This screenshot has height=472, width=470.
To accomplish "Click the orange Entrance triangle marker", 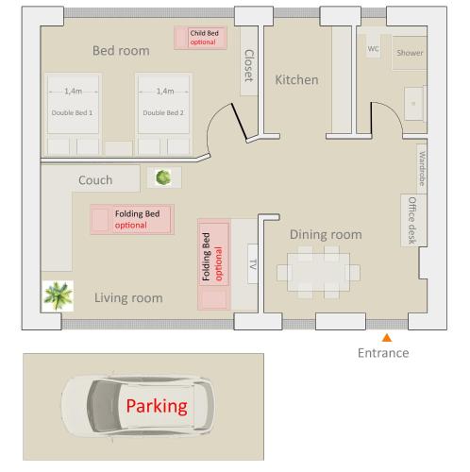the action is pyautogui.click(x=387, y=338).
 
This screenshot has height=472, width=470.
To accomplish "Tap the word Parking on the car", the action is pyautogui.click(x=157, y=406).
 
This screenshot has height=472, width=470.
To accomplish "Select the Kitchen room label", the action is pyautogui.click(x=296, y=80).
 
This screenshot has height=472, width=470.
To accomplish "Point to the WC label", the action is pyautogui.click(x=373, y=49).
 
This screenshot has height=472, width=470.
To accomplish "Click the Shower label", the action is pyautogui.click(x=410, y=53).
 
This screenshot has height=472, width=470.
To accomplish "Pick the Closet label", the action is pyautogui.click(x=249, y=66).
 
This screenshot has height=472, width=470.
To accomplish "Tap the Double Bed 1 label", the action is pyautogui.click(x=72, y=112).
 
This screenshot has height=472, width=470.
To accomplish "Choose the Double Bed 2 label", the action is pyautogui.click(x=163, y=112).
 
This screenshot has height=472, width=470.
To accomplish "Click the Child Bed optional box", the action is pyautogui.click(x=200, y=38).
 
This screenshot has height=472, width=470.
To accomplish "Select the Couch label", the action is pyautogui.click(x=95, y=180).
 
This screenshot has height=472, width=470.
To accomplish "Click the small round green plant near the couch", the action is pyautogui.click(x=163, y=177).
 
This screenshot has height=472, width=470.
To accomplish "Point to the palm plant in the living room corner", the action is pyautogui.click(x=59, y=295).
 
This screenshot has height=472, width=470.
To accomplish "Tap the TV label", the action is pyautogui.click(x=253, y=264).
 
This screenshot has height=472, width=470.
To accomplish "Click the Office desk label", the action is pyautogui.click(x=412, y=220).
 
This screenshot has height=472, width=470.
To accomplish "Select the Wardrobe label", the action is pyautogui.click(x=422, y=168).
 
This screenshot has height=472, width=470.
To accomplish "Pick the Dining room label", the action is pyautogui.click(x=326, y=235).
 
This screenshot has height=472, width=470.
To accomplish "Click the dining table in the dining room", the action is pyautogui.click(x=318, y=272).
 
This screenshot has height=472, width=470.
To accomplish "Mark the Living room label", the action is pyautogui.click(x=128, y=298).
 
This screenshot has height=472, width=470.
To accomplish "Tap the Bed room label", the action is pyautogui.click(x=121, y=51).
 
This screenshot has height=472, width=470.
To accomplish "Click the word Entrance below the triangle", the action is pyautogui.click(x=383, y=353).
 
